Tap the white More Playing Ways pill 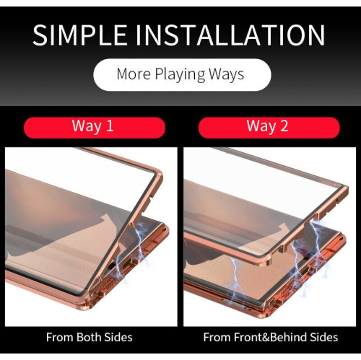click(180, 74)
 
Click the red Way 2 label click(267, 126)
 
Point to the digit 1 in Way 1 click(110, 126)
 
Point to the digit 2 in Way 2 click(284, 126)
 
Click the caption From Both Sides click(90, 337)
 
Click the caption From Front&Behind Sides click(270, 337)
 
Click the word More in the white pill click(133, 74)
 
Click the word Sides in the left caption click(118, 337)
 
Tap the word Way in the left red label click(85, 126)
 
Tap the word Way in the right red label click(260, 126)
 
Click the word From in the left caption click(60, 337)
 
